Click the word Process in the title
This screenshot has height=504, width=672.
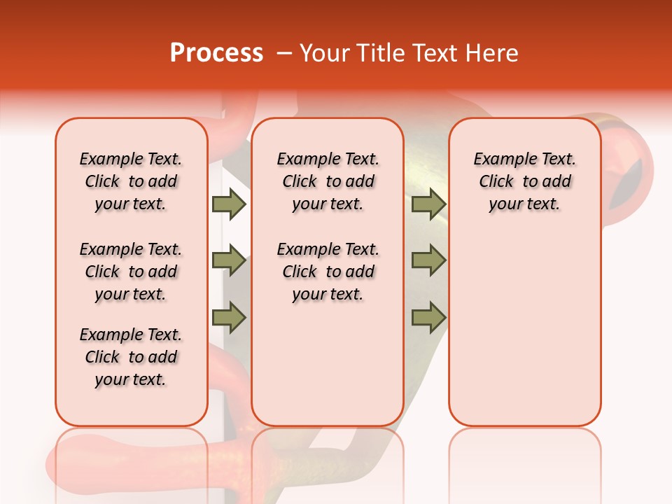point(216,53)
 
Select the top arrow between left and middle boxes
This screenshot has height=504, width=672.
point(229,204)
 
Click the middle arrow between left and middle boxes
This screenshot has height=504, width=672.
point(229,260)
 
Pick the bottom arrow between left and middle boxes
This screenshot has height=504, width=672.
point(229,318)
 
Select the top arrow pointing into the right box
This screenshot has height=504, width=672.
point(428,204)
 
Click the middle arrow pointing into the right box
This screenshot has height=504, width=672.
point(428,260)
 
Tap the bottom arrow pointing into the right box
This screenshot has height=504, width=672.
point(428,318)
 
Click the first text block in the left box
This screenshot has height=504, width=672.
point(131,181)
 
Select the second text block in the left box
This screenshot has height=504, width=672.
point(131,272)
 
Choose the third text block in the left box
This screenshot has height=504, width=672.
point(131,357)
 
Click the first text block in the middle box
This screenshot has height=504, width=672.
point(328,181)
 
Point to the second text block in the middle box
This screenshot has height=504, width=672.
point(328,272)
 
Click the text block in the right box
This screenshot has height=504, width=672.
point(525,181)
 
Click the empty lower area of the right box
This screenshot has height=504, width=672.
point(525,329)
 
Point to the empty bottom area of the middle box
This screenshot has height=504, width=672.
point(328,371)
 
